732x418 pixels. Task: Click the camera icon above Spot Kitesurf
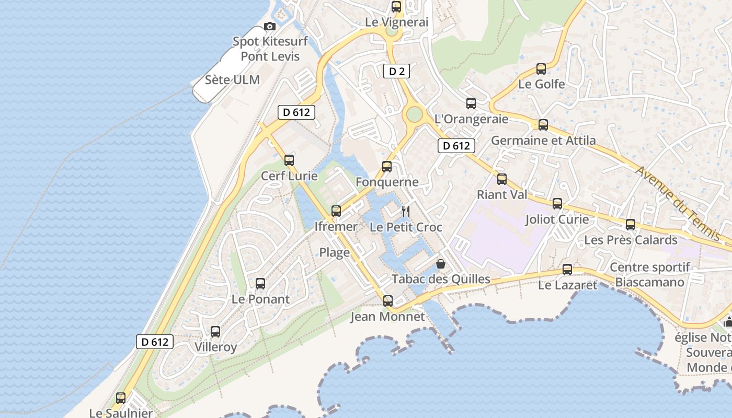(270, 27)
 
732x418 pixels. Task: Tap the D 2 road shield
(396, 71)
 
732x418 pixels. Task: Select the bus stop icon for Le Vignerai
(396, 7)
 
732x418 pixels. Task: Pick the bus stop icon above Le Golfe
(541, 69)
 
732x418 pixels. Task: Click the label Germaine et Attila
(543, 141)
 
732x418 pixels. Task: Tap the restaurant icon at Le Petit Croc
(405, 212)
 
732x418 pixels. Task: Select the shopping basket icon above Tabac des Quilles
(441, 264)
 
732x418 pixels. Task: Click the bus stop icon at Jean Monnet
(387, 301)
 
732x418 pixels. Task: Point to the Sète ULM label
(232, 80)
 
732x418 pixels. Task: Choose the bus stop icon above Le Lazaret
(567, 270)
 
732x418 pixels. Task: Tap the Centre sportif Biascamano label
(650, 275)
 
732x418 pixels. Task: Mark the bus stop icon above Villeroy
(215, 332)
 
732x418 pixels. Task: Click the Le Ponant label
(260, 299)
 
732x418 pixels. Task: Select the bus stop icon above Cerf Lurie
(289, 160)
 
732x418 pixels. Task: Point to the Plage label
(335, 253)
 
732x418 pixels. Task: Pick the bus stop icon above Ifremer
(336, 211)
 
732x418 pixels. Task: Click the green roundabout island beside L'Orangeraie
(414, 113)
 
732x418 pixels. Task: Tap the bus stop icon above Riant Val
(502, 179)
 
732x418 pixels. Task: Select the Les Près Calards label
(631, 240)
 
